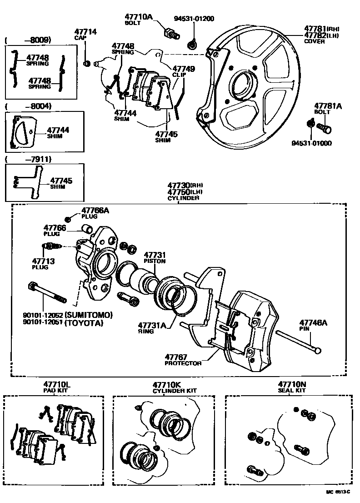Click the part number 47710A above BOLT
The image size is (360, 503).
coord(139,17)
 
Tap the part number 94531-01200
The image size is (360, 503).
coord(194,19)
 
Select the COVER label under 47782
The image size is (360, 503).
coord(315,41)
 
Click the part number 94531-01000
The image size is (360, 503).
coord(311,143)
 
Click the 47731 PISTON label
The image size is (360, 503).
coord(155,258)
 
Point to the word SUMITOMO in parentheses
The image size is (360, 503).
coord(89,315)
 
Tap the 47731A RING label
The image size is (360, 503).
coord(152,327)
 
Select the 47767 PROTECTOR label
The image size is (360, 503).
coord(183,360)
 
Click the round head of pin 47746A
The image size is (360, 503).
coord(318,351)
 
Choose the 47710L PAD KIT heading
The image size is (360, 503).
coord(56,387)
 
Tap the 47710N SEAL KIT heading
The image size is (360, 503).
coord(292,387)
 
